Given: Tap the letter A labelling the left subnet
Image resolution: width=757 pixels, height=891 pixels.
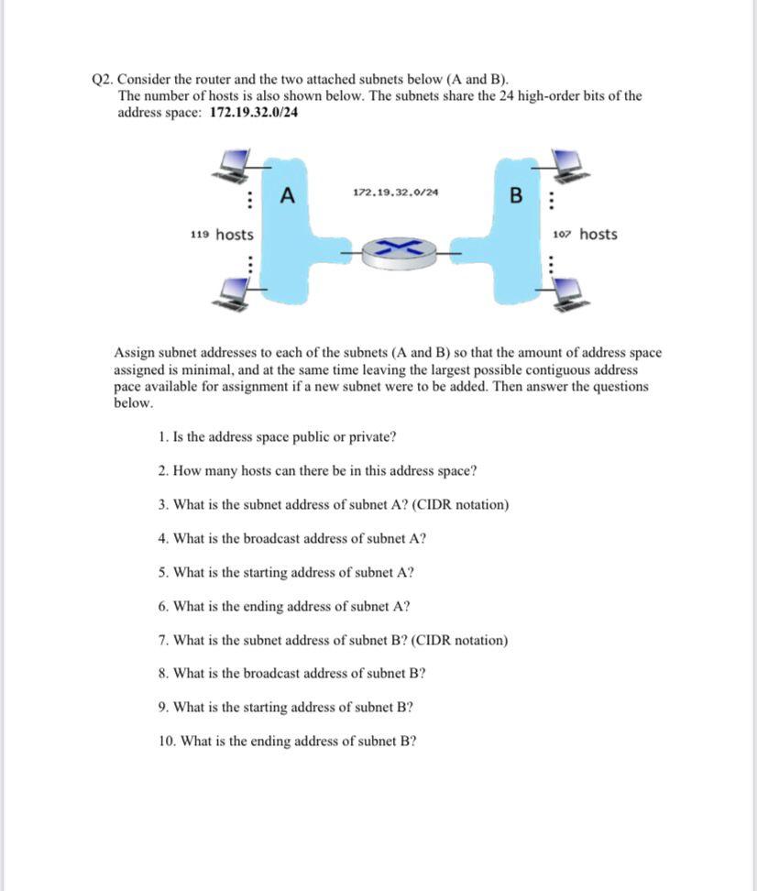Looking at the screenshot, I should tap(288, 195).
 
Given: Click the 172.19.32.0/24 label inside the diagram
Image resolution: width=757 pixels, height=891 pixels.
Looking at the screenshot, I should tap(395, 192).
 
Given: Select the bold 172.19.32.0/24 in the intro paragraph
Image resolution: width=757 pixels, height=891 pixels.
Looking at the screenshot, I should tap(254, 112).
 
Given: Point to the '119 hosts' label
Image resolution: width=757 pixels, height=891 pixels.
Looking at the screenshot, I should tap(222, 235).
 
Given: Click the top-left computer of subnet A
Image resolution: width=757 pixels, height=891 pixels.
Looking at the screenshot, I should tap(235, 165).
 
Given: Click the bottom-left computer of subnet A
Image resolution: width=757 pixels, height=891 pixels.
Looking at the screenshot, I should tap(235, 293).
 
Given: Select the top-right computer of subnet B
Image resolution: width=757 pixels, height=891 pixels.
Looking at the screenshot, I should tap(570, 165).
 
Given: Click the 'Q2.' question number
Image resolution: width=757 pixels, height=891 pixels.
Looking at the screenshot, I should tap(104, 79).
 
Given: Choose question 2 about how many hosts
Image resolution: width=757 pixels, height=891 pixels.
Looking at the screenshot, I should tap(317, 471).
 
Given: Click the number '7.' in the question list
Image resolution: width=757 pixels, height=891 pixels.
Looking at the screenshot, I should tap(163, 640).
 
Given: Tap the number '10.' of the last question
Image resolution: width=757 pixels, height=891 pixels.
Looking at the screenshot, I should tap(167, 741).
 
